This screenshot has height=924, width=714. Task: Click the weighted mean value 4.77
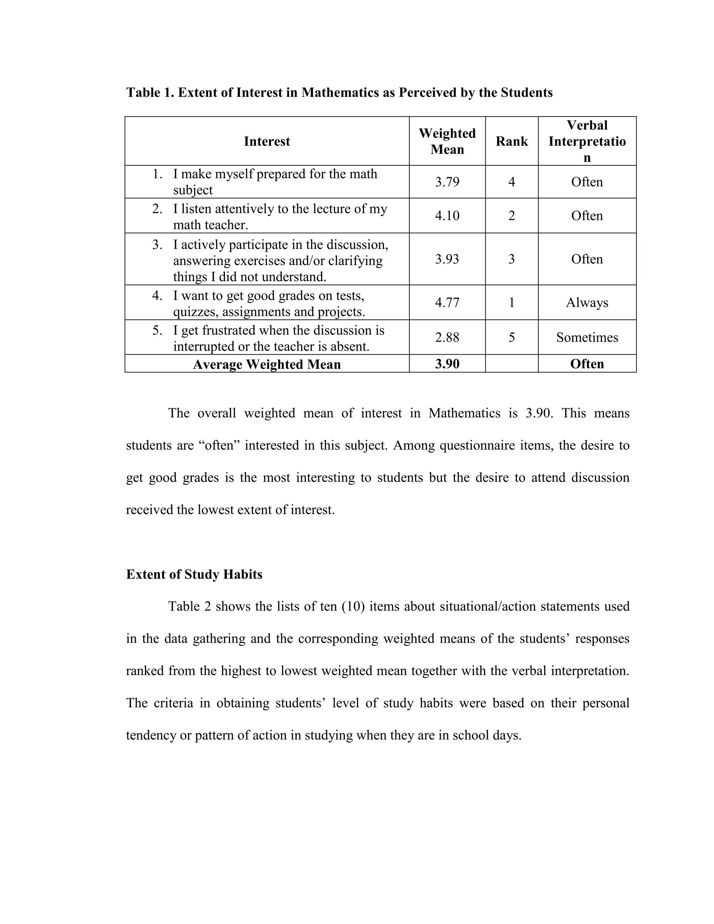click(x=447, y=303)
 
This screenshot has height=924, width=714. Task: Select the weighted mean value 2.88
click(x=447, y=337)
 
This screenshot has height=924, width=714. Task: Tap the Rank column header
click(x=511, y=141)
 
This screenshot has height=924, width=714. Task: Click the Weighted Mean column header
click(x=447, y=141)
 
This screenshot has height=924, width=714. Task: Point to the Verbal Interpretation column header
click(x=587, y=141)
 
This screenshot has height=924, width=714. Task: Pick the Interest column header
click(x=267, y=141)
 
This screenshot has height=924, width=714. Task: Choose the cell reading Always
click(x=587, y=303)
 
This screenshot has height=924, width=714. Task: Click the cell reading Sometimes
click(x=587, y=337)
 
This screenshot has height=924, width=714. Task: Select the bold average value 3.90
click(x=447, y=364)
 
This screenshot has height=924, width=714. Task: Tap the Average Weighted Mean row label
click(x=267, y=364)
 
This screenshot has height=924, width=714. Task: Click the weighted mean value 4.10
click(x=447, y=216)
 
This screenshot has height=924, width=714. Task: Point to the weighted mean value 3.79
click(x=447, y=182)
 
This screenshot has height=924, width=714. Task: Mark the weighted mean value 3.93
click(x=447, y=259)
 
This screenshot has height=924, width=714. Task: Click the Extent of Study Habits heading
click(x=194, y=574)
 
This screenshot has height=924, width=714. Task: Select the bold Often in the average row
click(x=587, y=364)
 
